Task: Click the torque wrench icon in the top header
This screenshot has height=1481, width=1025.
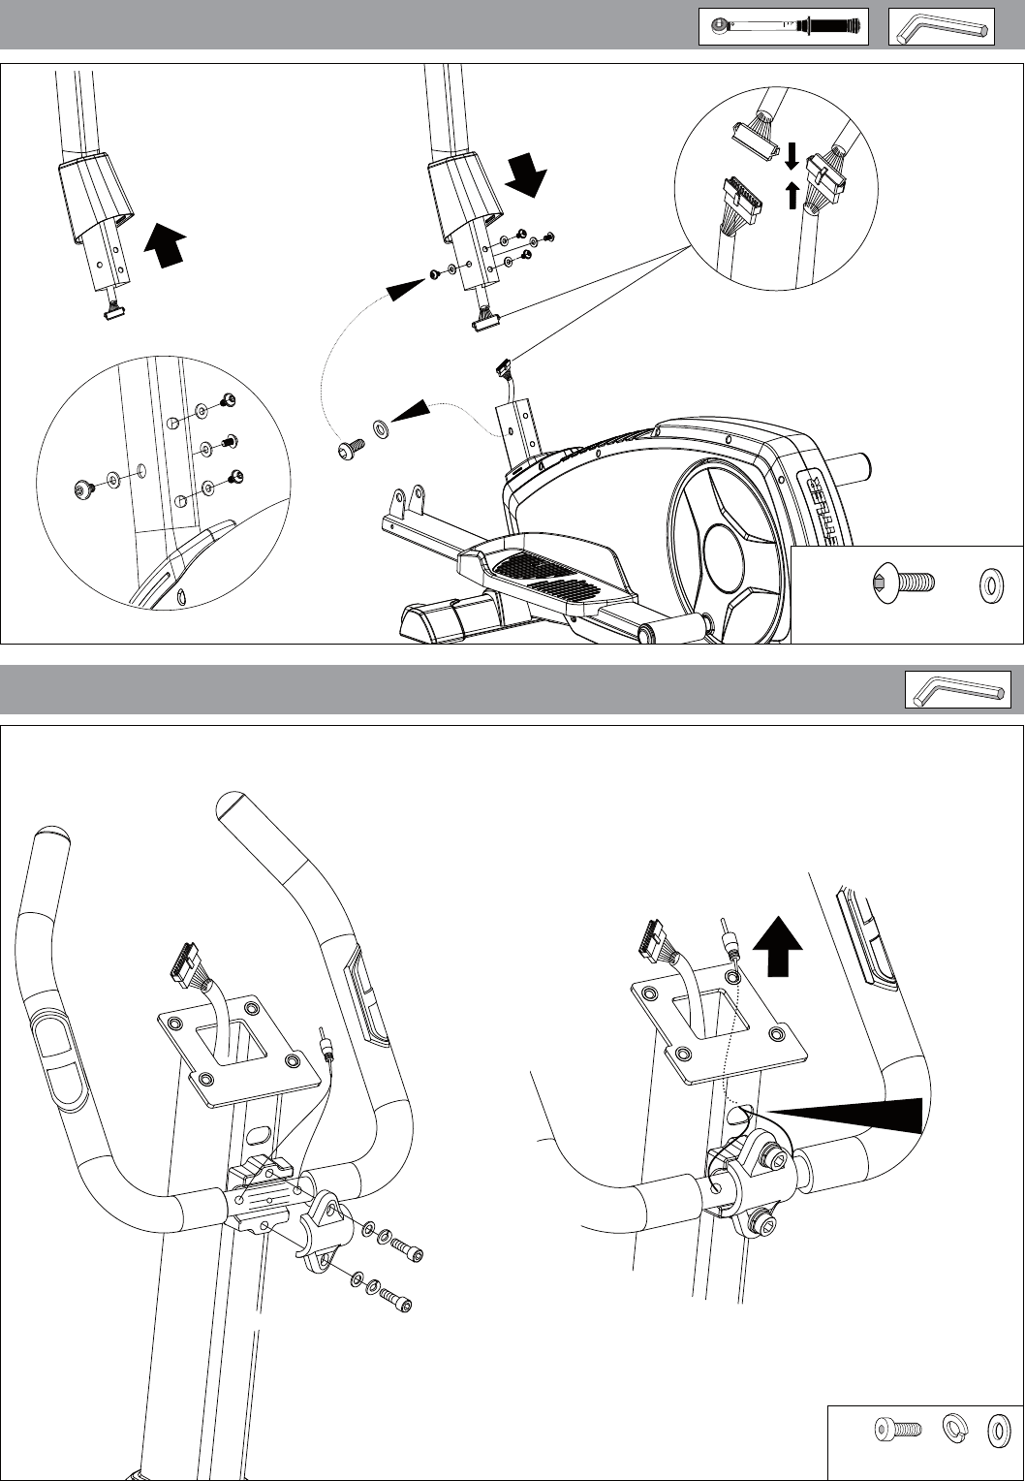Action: point(783,27)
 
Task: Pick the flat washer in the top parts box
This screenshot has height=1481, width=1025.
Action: point(992,585)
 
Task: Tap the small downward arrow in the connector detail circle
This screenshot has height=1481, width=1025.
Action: point(791,156)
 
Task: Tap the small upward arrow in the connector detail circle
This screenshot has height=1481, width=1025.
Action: point(792,195)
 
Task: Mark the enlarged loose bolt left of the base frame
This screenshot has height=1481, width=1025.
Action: point(350,447)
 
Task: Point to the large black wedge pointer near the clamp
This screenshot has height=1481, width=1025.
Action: point(853,1114)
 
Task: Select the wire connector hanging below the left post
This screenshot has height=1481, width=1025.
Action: point(113,310)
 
